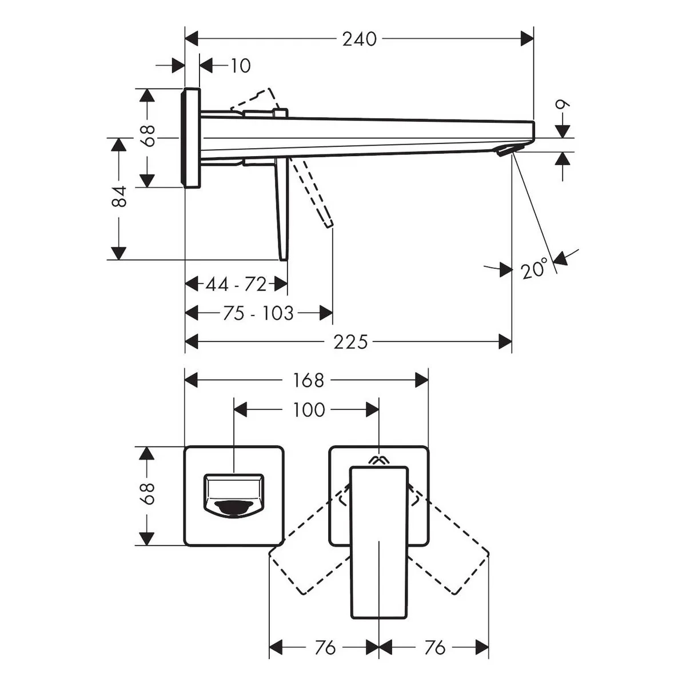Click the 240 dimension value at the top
pos(359,39)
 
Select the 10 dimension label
pos(241,66)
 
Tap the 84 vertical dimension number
pos(119,196)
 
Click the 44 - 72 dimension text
pos(236,285)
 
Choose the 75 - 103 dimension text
pos(258,313)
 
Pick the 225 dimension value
pos(350,342)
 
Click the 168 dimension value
pos(308,380)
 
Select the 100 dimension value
pos(309,410)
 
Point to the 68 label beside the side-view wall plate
pos(147,135)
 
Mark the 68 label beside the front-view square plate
pos(147,493)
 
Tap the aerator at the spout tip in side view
pos(505,151)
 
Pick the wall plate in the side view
pos(191,137)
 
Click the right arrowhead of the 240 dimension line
pos(527,38)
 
